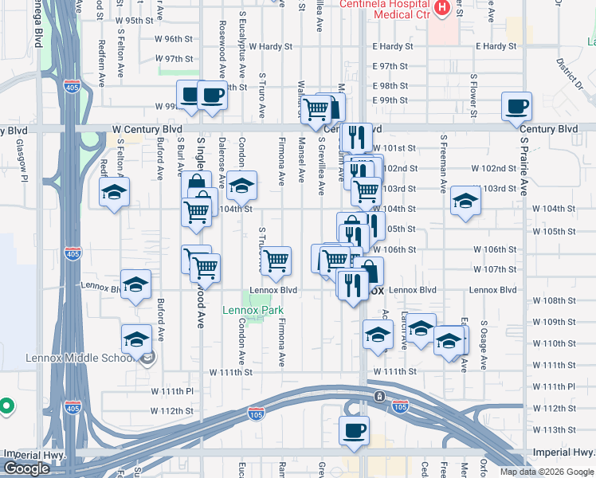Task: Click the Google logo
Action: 26,468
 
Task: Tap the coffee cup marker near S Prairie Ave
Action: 516,106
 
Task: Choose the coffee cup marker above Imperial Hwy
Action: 354,429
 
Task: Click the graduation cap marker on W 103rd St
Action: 465,201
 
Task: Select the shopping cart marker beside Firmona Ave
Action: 276,261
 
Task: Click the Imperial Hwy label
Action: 34,454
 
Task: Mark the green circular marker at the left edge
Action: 6,406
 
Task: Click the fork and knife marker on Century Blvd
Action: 356,136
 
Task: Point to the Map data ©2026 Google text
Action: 547,472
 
